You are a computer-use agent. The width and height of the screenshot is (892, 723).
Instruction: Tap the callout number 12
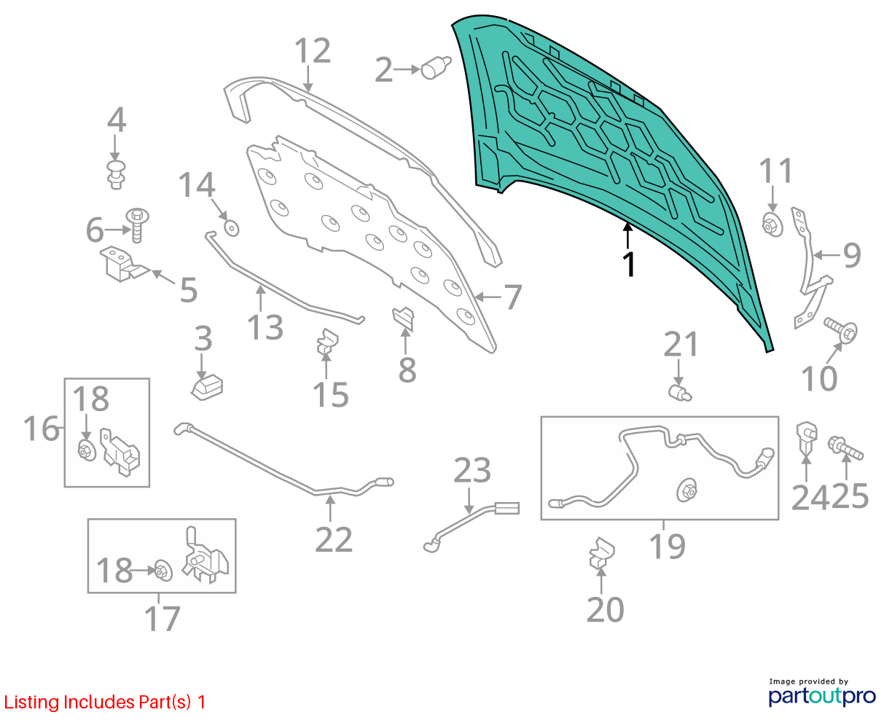tap(313, 51)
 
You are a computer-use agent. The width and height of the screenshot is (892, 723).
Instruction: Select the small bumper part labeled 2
tap(436, 68)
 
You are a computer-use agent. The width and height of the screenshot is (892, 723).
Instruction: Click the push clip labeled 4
tap(116, 175)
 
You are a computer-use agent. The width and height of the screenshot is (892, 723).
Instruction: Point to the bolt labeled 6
tap(137, 225)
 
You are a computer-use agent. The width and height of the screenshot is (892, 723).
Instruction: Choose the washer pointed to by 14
tap(232, 229)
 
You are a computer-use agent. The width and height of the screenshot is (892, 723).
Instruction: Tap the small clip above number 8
tap(404, 318)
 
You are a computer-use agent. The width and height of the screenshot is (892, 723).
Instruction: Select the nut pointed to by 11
tap(772, 224)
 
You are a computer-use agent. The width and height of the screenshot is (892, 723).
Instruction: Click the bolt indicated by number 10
tap(841, 331)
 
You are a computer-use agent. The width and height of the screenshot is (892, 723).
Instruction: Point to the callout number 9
tap(852, 255)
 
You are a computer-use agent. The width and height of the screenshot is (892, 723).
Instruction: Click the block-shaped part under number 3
tap(207, 387)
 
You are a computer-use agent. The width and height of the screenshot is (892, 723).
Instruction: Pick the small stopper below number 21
tap(679, 393)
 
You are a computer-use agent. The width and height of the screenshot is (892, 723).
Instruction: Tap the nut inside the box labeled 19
tap(687, 489)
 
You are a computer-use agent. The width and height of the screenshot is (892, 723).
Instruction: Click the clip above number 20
tap(601, 552)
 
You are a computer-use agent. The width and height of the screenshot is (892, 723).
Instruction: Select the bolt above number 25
tap(845, 448)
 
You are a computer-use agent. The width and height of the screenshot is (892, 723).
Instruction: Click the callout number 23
tap(472, 470)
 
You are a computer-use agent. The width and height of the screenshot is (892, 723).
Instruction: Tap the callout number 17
tap(162, 618)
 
